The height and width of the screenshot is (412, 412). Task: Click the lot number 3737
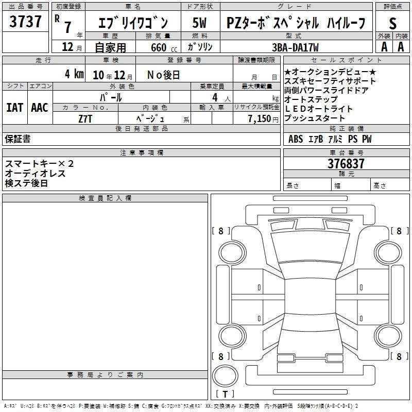[25, 22]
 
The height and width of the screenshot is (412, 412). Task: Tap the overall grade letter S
[392, 24]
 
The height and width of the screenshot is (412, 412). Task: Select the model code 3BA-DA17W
[295, 47]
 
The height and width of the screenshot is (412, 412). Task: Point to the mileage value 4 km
[74, 74]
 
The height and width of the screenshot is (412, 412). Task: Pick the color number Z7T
[85, 119]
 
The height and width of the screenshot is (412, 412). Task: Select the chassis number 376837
[346, 164]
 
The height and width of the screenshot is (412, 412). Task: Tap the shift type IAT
[14, 108]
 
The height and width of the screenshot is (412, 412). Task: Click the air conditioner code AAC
[40, 108]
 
